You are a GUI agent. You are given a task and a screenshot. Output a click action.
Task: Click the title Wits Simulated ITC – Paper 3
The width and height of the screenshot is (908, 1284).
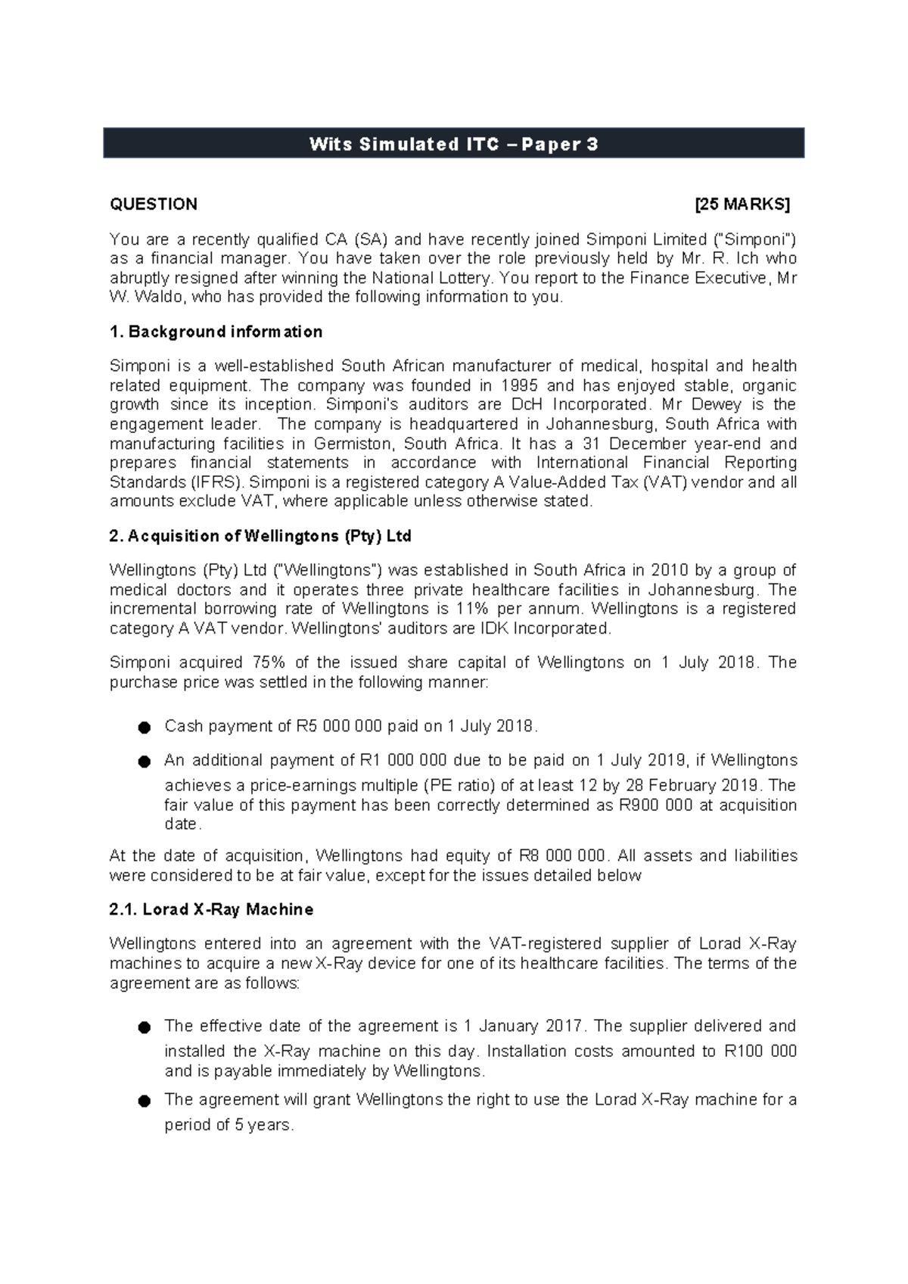(x=453, y=144)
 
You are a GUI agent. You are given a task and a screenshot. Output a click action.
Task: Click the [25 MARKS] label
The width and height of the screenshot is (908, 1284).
(x=742, y=204)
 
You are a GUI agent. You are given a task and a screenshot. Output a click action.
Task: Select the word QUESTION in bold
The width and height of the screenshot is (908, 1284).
(x=154, y=204)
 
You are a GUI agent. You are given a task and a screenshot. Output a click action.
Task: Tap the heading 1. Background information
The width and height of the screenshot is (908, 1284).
(x=216, y=332)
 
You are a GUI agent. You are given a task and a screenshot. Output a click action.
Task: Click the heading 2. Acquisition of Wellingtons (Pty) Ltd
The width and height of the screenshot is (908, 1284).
(x=260, y=536)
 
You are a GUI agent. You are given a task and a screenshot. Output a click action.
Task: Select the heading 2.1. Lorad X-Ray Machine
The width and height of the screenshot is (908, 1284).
(x=211, y=909)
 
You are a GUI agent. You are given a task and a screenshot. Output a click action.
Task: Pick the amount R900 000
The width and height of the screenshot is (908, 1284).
(x=655, y=805)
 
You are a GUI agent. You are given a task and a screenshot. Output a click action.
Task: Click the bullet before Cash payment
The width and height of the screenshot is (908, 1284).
(x=144, y=728)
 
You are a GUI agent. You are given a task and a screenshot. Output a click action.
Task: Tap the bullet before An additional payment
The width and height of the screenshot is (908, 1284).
(x=144, y=762)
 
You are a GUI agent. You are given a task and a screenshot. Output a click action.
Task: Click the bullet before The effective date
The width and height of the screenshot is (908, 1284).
(x=144, y=1027)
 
